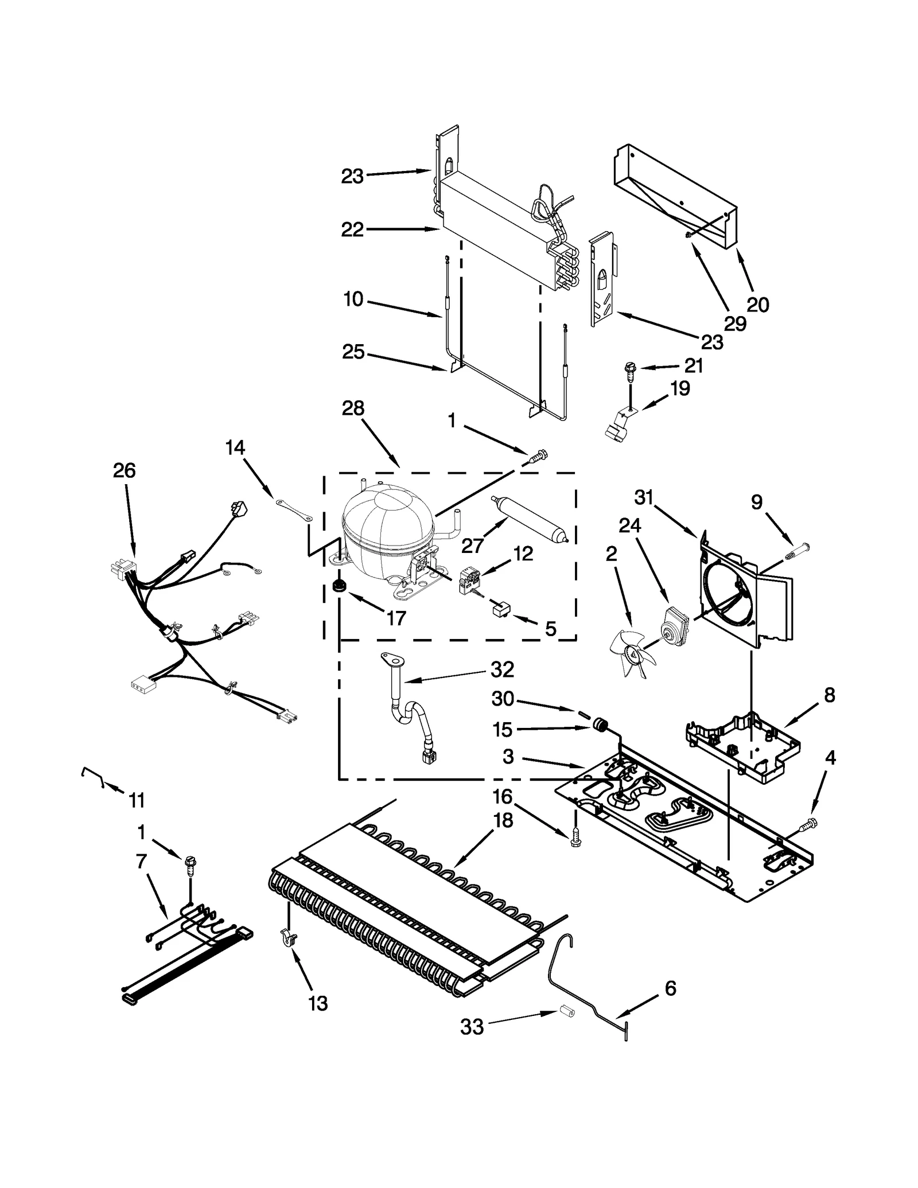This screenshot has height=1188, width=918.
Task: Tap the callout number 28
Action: [x=353, y=409]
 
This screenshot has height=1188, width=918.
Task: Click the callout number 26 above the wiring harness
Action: [x=124, y=470]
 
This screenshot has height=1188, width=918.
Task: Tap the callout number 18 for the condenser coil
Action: [x=503, y=821]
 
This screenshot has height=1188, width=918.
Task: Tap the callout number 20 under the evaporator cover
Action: [x=757, y=305]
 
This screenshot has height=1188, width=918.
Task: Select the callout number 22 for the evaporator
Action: [x=352, y=229]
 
